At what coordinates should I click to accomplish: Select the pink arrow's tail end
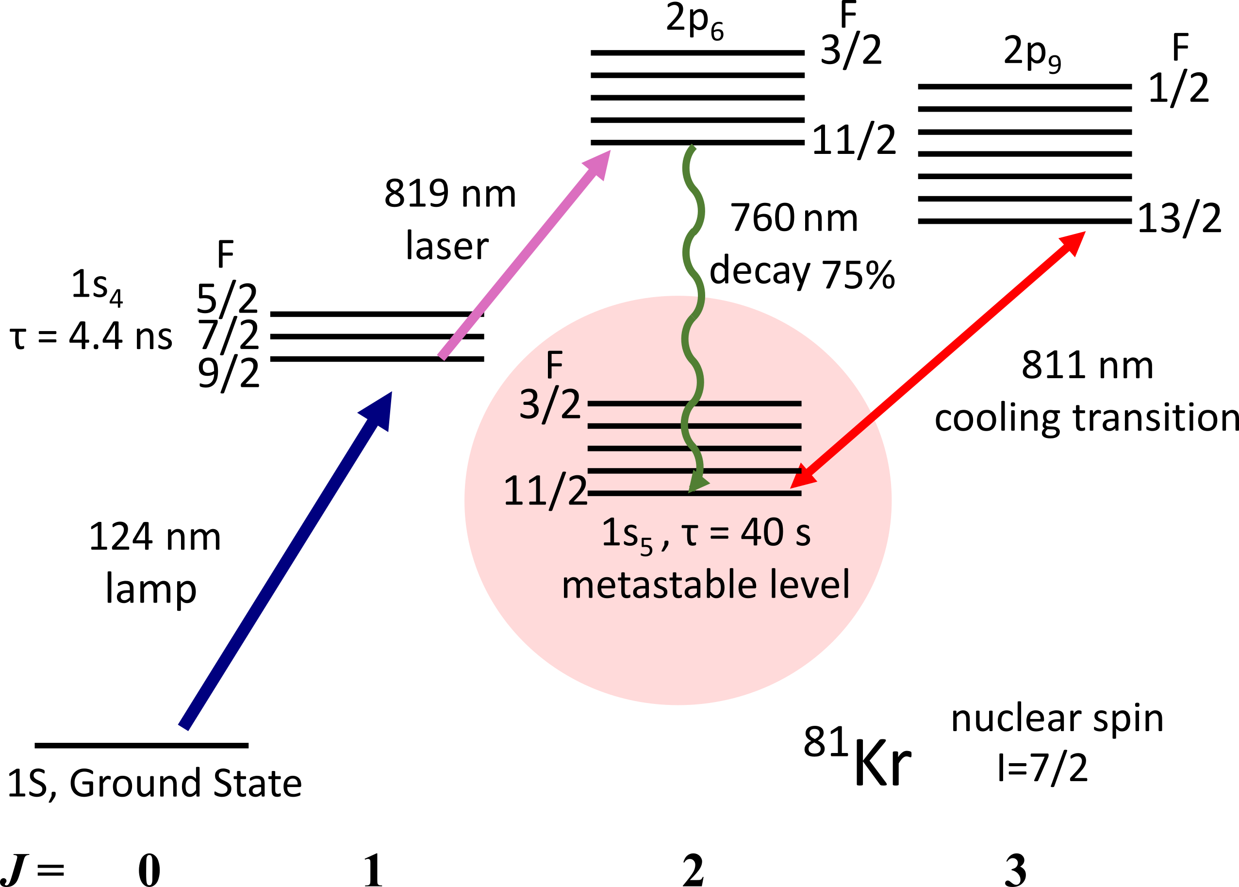442,357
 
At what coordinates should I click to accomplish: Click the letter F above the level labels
554,365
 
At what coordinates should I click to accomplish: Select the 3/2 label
550,405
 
